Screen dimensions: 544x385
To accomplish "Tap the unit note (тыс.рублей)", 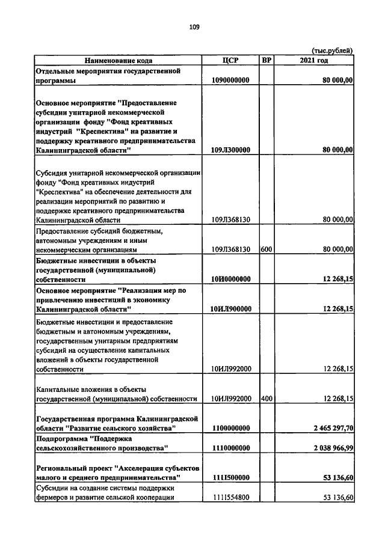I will [331, 50].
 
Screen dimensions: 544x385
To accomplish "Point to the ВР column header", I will [266, 60].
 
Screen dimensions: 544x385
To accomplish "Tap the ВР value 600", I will [266, 248].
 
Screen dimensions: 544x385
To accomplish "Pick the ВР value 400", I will [266, 398].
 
